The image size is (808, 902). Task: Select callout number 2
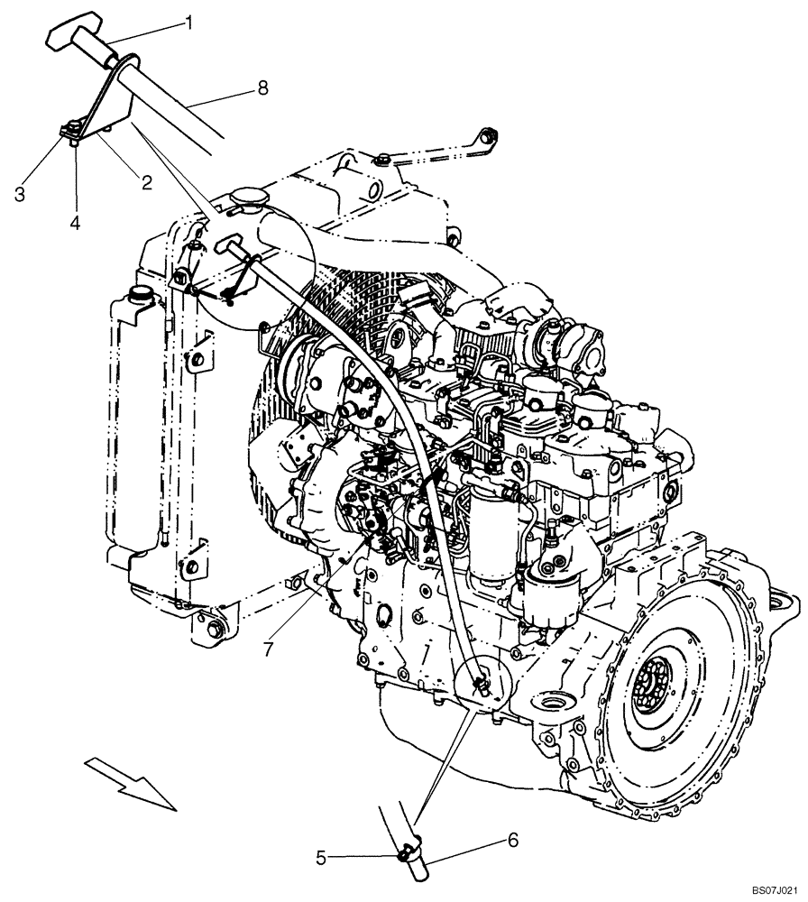(x=145, y=181)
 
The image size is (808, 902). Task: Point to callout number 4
(x=76, y=222)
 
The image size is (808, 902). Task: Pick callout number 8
(x=263, y=88)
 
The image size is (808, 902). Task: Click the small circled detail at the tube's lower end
(x=482, y=684)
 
